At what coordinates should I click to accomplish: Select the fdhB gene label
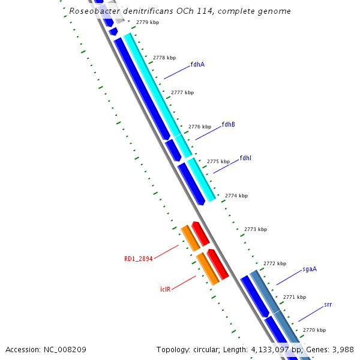point(228,124)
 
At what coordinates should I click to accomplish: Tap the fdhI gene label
point(245,158)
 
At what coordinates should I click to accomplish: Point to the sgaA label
point(309,269)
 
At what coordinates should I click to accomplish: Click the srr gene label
point(328,304)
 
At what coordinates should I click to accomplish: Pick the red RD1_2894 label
point(138,259)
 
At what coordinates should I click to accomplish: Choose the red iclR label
point(166,289)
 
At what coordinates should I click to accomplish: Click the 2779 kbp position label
point(148,22)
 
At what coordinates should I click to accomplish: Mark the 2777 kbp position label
point(182,92)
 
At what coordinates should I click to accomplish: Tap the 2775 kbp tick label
point(218,161)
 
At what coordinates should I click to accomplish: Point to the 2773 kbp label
point(255,229)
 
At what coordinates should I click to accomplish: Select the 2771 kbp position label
point(294,297)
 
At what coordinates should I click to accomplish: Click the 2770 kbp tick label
point(314,330)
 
